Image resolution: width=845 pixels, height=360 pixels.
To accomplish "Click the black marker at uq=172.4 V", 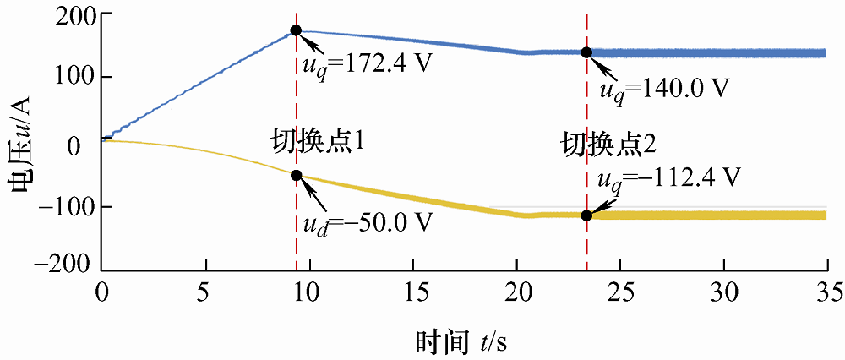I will point(296,30).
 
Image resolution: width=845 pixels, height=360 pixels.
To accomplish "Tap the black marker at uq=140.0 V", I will point(586,52).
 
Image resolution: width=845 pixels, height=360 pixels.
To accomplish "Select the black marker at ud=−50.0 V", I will point(296,175).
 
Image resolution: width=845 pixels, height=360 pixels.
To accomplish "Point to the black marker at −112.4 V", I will point(586,215).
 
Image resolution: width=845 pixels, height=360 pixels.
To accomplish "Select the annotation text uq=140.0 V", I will point(663,87).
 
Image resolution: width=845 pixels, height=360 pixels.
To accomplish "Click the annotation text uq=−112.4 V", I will point(668,178).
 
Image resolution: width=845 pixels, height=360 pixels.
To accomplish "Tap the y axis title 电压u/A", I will point(23,140).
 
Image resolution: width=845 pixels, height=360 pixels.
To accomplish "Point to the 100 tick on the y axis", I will point(74,77).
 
